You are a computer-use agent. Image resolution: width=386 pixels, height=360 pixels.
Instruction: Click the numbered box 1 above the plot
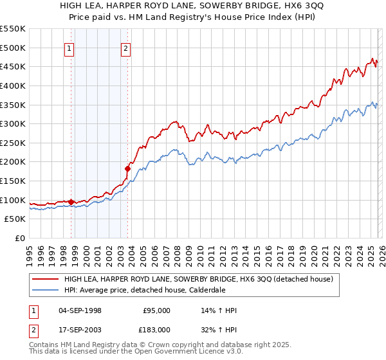(69, 47)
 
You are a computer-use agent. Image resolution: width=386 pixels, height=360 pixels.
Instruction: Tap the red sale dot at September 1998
(71, 202)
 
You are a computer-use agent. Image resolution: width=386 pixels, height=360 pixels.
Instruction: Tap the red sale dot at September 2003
(127, 168)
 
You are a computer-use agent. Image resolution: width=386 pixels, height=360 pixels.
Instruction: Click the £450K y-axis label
(13, 66)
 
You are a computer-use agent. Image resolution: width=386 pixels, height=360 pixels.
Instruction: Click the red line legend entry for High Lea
(198, 279)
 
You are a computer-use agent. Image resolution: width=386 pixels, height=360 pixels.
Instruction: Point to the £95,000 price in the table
(156, 310)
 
